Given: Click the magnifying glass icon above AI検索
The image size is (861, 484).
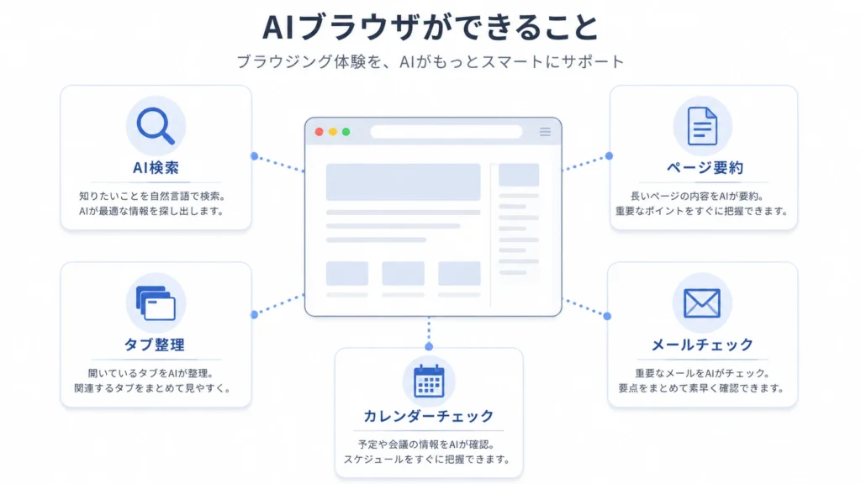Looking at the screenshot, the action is click(x=156, y=126).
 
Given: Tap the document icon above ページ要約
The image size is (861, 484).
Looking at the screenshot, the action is click(x=702, y=126).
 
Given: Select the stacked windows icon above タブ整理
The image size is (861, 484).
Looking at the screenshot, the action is click(x=156, y=302).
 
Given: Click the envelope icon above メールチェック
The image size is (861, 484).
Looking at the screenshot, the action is click(x=702, y=302).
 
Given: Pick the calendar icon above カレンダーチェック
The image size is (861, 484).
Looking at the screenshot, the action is click(x=429, y=381).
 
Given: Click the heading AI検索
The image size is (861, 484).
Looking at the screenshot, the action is click(x=156, y=167).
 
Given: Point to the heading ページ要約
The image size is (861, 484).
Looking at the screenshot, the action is click(x=705, y=167).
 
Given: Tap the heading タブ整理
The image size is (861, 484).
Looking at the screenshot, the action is click(x=155, y=345).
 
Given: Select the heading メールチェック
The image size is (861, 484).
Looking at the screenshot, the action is click(x=702, y=345).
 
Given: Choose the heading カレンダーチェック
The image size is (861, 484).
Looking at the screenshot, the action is click(x=429, y=416).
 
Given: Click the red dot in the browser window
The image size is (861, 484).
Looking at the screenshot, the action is click(x=319, y=132).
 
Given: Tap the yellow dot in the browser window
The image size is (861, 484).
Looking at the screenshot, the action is click(x=333, y=132).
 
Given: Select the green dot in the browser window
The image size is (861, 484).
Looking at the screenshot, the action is click(x=346, y=132).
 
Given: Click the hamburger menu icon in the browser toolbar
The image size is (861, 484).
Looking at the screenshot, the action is click(x=545, y=132).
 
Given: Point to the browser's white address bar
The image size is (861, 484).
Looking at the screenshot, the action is click(x=446, y=132).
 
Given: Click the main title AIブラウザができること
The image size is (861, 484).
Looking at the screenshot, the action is click(x=430, y=28).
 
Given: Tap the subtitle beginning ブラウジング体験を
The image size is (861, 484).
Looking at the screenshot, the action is click(x=430, y=61).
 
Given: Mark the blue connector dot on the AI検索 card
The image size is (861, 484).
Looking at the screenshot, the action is click(x=254, y=156).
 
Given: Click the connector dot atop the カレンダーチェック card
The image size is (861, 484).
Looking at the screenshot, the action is click(x=429, y=346).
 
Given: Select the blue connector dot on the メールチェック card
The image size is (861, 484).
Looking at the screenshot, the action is click(x=607, y=316).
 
